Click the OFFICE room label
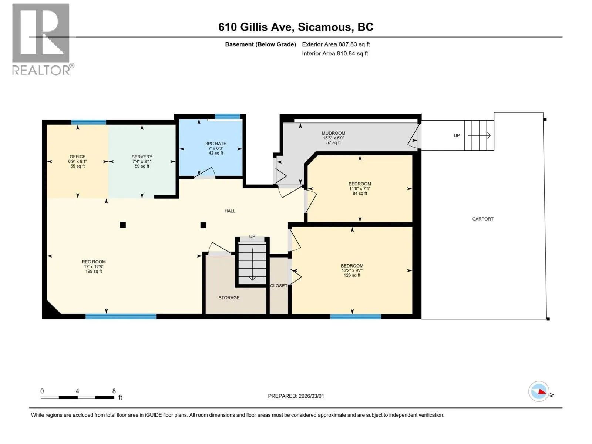[x=77, y=157]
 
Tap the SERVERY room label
[x=142, y=157]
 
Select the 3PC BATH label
[x=216, y=144]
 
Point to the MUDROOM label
[x=333, y=133]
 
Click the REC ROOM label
[x=94, y=262]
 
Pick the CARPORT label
[x=483, y=219]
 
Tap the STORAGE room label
[x=229, y=297]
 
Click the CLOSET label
[x=279, y=286]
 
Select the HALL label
[x=230, y=211]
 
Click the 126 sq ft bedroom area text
[x=352, y=275]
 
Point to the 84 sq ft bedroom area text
[x=360, y=193]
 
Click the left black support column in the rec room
[x=123, y=225]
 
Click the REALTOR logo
[x=42, y=39]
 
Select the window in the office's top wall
[x=88, y=122]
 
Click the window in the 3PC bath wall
[x=227, y=117]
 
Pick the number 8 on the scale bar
[x=114, y=391]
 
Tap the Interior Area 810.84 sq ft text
[x=335, y=54]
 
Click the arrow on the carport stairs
[x=479, y=135]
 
